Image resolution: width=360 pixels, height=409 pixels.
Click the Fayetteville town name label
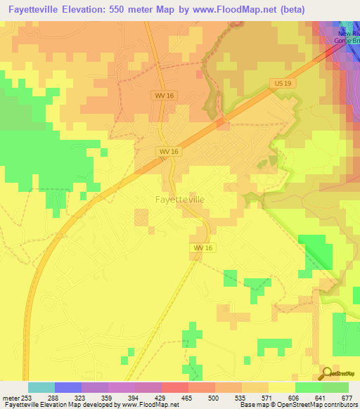coord(180,200)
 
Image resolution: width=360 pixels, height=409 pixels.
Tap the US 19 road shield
coord(280,84)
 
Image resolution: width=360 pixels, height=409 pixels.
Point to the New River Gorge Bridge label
coord(347,37)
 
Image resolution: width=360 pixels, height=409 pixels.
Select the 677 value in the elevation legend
coord(347,397)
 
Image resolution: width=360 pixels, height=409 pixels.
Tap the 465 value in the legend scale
coord(186,397)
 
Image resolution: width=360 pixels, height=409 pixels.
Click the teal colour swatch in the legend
coord(41,387)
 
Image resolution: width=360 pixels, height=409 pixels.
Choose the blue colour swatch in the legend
coord(67,387)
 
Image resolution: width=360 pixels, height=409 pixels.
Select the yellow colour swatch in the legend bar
coord(281,387)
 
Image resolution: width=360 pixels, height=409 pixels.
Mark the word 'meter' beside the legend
coord(10,397)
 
